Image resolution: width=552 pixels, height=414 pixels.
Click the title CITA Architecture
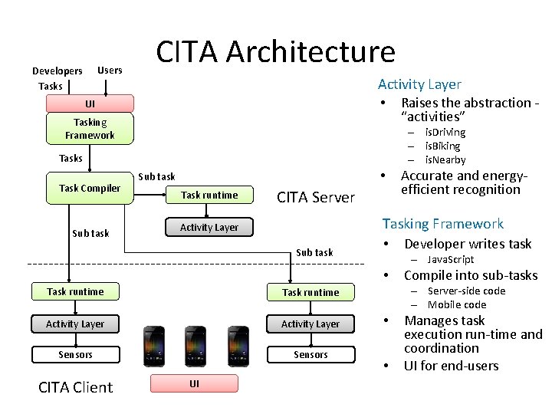click(276, 51)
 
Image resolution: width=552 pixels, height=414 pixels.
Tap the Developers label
click(57, 71)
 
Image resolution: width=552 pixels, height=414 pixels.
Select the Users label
click(110, 70)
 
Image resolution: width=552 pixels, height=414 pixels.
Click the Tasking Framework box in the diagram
click(90, 129)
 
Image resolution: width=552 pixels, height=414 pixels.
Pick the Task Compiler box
click(90, 189)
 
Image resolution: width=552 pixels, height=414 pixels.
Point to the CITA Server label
click(316, 197)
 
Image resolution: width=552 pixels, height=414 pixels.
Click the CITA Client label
click(75, 387)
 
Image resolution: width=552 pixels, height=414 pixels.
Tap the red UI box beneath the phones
click(194, 383)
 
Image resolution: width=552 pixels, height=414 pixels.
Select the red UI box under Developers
click(90, 103)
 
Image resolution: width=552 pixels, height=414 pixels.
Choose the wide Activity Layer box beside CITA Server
click(209, 227)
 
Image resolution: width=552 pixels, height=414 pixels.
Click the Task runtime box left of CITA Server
click(209, 195)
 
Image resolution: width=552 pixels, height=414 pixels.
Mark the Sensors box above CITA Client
click(75, 354)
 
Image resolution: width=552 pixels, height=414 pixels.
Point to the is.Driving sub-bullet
click(445, 132)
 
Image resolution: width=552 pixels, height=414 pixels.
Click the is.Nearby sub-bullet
click(445, 159)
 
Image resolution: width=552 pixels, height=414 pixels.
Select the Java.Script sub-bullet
click(450, 259)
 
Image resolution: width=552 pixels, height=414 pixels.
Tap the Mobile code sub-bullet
click(456, 304)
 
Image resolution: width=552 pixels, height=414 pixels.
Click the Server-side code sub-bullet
click(466, 291)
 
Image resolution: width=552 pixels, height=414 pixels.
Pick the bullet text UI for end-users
click(451, 365)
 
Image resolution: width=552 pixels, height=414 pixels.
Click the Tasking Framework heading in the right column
click(442, 223)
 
